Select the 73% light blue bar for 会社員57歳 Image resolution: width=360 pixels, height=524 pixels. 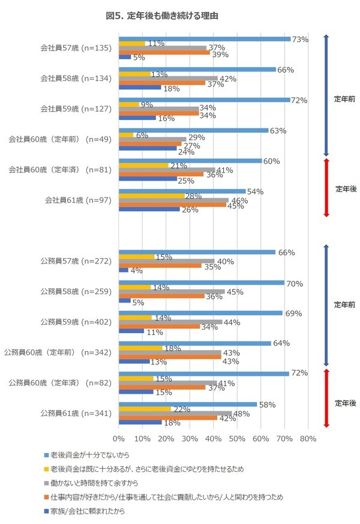pos(205,39)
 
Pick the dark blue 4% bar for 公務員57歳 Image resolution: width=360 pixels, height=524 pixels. pos(124,270)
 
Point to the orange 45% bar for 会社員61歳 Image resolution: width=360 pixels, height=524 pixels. pos(172,205)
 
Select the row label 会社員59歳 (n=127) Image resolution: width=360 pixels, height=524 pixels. pos(76,109)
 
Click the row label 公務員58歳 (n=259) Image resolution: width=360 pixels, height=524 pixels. pos(76,292)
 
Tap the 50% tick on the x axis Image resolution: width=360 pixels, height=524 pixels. pos(237,438)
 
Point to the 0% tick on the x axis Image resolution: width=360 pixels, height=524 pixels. pos(119,438)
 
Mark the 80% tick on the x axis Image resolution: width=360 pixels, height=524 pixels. pos(308,438)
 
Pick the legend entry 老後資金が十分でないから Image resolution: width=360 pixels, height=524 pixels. pos(91,455)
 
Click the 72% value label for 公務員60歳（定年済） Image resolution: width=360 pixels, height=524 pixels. pos(298,373)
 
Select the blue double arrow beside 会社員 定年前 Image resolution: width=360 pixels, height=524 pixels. pos(326,94)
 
